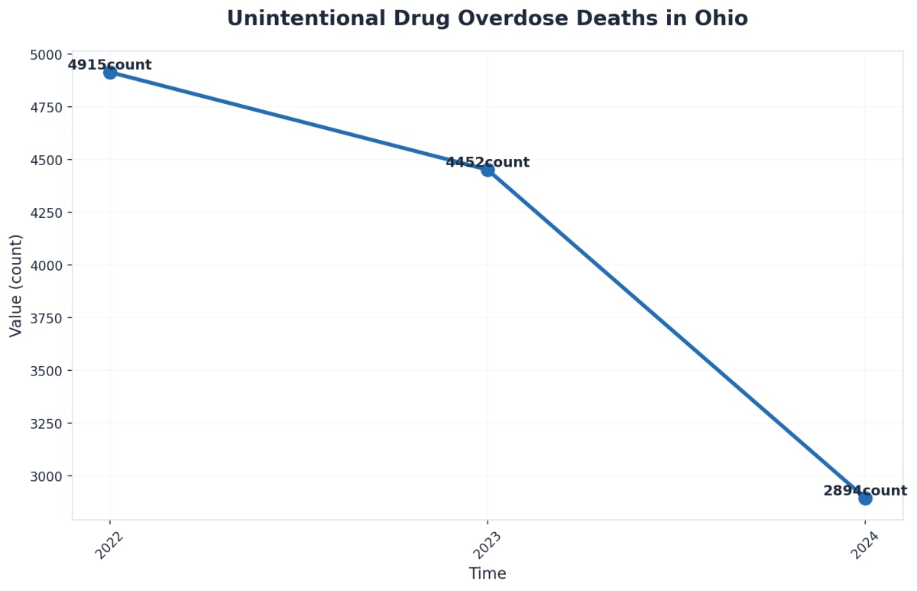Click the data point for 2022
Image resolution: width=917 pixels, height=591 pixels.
110,73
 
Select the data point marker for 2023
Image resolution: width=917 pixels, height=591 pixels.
488,170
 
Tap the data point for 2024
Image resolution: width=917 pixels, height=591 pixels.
865,498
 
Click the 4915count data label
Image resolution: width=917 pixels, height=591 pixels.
110,65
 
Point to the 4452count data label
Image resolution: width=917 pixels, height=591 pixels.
488,162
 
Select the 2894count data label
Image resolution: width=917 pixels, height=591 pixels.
865,491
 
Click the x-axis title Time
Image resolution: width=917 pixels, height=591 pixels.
488,573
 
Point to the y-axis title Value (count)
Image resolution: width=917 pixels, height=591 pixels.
16,285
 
